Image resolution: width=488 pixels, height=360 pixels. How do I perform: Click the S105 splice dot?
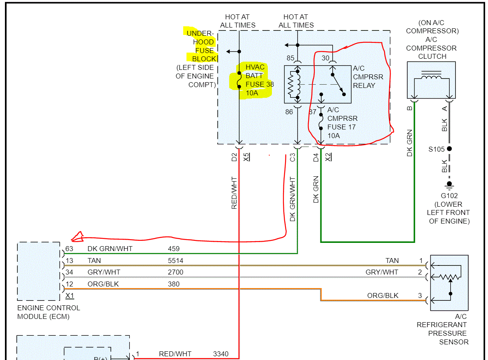[449, 149]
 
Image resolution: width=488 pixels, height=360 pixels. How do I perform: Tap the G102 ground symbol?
[449, 185]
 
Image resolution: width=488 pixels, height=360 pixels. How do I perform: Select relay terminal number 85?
[290, 58]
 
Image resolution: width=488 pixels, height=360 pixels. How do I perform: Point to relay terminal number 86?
[290, 111]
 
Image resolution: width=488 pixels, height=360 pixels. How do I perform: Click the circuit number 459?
[174, 249]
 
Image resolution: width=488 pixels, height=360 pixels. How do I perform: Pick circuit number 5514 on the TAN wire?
[175, 261]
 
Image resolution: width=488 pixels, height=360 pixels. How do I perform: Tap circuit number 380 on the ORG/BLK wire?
[174, 284]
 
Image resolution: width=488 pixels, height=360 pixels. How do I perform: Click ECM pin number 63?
[69, 249]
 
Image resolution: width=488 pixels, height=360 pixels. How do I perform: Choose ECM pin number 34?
[69, 272]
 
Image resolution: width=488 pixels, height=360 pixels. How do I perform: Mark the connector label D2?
[234, 157]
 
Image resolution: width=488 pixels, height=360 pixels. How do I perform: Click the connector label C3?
[292, 157]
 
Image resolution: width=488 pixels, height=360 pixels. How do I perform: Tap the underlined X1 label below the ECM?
[70, 295]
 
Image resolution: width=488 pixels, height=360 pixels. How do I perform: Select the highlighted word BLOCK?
[204, 59]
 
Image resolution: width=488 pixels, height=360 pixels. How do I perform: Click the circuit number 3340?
[221, 354]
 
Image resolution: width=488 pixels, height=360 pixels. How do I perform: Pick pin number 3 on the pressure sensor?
[420, 295]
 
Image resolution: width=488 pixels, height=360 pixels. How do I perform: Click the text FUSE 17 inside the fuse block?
[341, 127]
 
